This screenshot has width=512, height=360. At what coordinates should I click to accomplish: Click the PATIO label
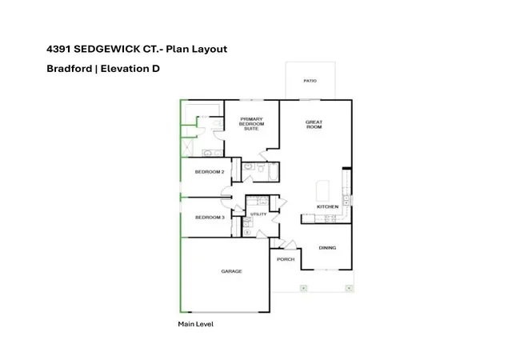[x=310, y=81]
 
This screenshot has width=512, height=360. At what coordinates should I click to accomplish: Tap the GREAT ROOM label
[x=314, y=125]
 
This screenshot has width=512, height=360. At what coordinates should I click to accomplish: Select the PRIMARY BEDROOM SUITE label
[x=251, y=124]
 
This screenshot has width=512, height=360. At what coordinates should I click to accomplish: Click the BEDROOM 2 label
[x=210, y=172]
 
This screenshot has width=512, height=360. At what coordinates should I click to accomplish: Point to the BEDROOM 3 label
[x=210, y=218]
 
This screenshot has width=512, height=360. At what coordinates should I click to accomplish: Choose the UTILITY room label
[x=258, y=214]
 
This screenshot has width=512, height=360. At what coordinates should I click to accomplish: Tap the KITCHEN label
[x=327, y=206]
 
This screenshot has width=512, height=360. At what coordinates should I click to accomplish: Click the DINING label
[x=327, y=248]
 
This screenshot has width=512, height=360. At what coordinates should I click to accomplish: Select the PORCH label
[x=286, y=259]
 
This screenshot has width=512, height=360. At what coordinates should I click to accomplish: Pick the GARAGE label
[x=231, y=271]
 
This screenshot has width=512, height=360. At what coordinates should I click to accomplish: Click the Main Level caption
[x=195, y=324]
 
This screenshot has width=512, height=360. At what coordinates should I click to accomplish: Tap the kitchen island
[x=322, y=190]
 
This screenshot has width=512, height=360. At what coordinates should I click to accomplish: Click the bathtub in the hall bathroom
[x=273, y=172]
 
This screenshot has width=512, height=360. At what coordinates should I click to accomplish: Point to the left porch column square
[x=304, y=288]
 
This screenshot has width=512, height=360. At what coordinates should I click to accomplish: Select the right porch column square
[x=349, y=288]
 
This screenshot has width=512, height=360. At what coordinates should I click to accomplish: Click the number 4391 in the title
[x=58, y=49]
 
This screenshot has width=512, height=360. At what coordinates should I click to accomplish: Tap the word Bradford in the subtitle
[x=70, y=69]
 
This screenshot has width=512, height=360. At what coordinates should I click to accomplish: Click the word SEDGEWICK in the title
[x=107, y=49]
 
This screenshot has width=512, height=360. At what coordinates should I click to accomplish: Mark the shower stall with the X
[x=187, y=147]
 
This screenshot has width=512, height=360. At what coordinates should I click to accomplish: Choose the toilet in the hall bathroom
[x=261, y=168]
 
